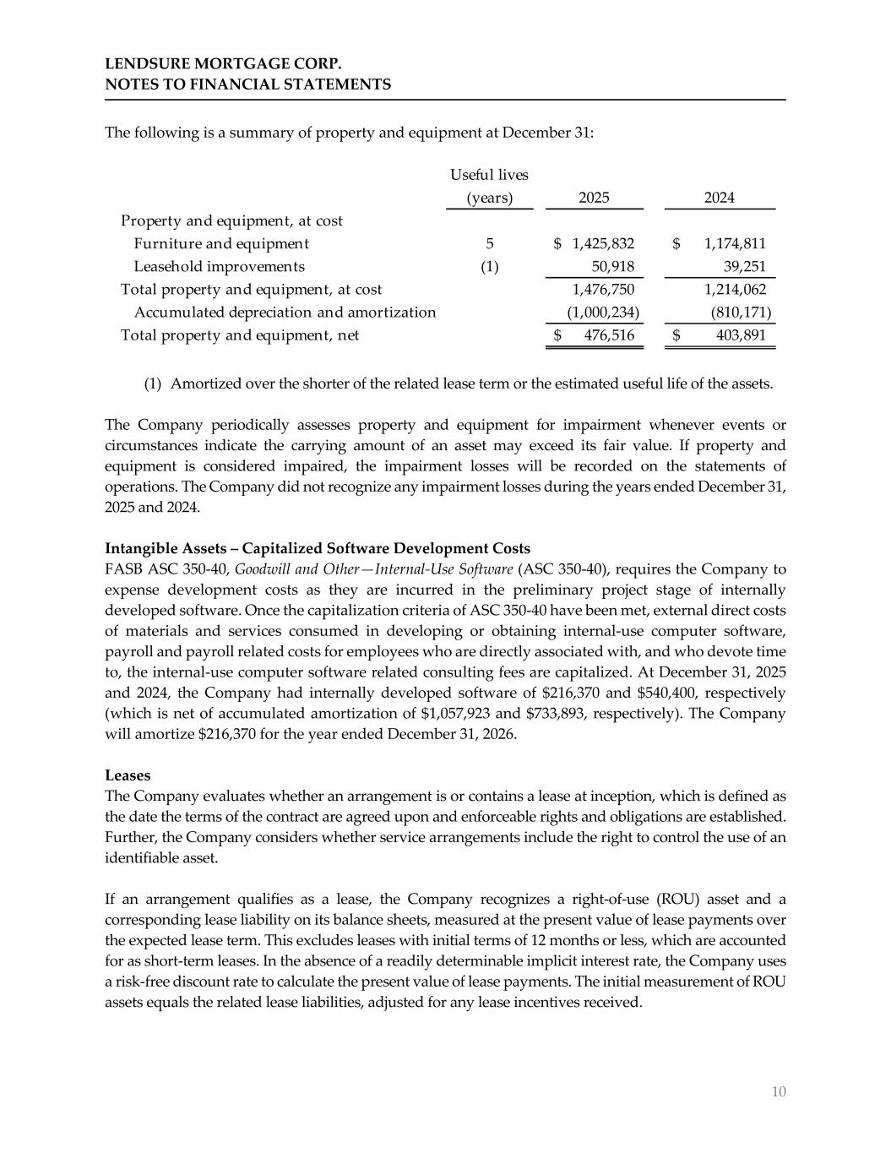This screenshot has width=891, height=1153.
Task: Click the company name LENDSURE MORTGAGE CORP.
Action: [x=223, y=64]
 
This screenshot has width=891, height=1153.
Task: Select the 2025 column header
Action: [x=594, y=198]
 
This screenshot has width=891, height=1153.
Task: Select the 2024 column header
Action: [x=720, y=198]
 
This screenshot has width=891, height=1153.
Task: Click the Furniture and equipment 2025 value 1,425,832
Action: [x=603, y=244]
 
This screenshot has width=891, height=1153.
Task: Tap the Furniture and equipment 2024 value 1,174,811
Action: [x=735, y=244]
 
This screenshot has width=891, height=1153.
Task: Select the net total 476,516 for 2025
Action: [x=609, y=335]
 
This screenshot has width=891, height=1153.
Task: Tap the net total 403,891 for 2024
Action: [x=741, y=335]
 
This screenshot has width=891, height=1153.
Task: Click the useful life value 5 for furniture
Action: [x=490, y=244]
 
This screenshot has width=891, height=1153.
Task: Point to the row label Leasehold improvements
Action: [x=220, y=267]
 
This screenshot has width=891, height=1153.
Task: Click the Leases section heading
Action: [x=128, y=775]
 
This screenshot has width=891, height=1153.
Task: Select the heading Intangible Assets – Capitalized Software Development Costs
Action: [x=318, y=549]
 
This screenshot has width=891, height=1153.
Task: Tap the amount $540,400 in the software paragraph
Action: [x=673, y=693]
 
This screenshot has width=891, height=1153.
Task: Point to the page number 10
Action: [x=779, y=1092]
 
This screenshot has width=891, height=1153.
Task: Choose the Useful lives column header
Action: [x=489, y=175]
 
